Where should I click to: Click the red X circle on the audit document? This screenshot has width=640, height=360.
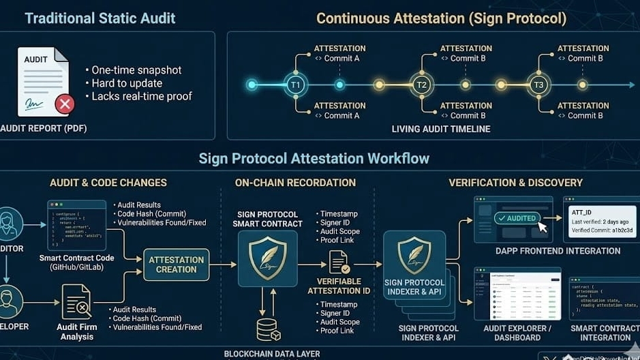point(65,104)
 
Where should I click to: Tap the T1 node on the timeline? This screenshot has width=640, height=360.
point(295,85)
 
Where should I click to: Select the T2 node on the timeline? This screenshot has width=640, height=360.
point(421,85)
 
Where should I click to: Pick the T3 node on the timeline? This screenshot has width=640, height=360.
point(538,85)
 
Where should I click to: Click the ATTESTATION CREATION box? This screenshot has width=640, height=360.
point(177,265)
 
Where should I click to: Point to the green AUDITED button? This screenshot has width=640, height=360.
point(517,218)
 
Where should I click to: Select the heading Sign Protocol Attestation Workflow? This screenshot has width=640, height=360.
point(314,159)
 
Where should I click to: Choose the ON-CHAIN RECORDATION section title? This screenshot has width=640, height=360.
point(295,183)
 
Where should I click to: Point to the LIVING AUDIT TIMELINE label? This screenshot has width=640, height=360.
point(441,129)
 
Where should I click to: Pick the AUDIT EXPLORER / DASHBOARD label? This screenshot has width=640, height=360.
point(517,333)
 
